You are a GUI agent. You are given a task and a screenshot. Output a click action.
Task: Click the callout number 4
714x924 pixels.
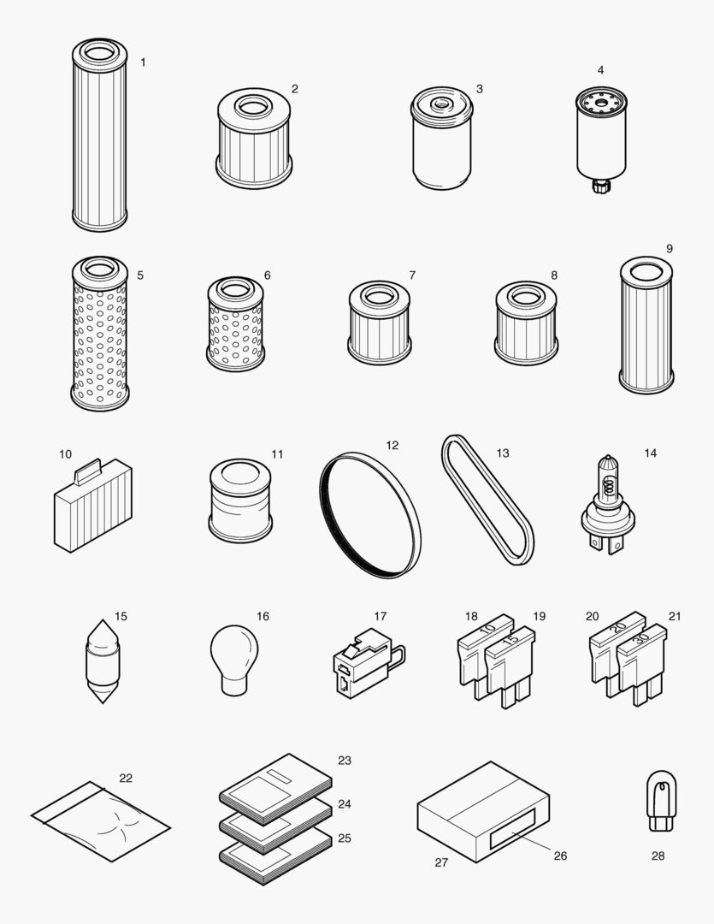point(600,70)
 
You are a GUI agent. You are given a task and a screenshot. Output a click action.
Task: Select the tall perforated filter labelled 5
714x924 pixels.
point(100,334)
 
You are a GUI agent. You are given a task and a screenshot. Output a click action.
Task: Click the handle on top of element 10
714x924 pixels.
point(88,470)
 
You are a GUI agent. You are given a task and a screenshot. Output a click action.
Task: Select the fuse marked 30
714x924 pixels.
point(640,663)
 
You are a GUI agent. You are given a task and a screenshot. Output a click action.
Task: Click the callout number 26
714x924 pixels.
point(560,856)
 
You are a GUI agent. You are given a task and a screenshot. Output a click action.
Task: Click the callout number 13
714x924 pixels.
point(503,453)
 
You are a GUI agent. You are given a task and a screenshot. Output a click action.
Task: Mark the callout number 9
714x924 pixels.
point(669,248)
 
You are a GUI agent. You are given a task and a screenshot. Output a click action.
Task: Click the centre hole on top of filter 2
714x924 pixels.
point(254,107)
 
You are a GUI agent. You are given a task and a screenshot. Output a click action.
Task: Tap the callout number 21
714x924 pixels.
point(675,616)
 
